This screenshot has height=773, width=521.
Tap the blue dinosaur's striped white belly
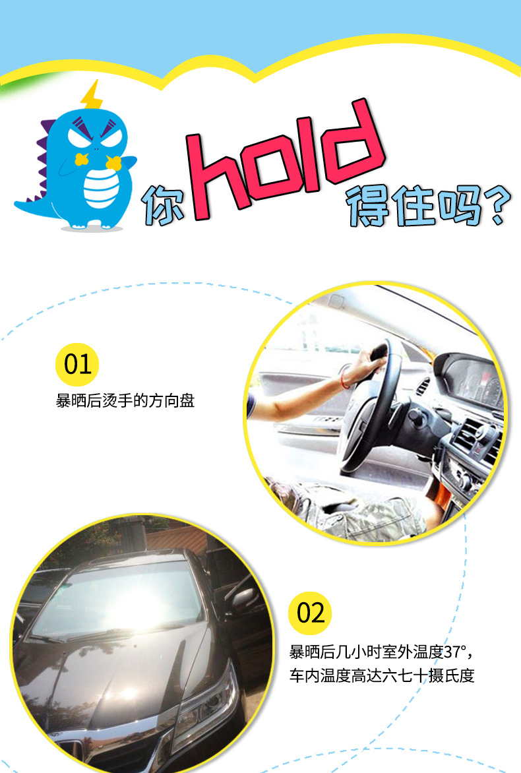click(102, 189)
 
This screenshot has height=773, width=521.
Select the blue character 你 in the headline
click(163, 204)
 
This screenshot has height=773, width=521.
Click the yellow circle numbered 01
click(77, 364)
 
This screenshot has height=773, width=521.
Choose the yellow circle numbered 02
click(310, 613)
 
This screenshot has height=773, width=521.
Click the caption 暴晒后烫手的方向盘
click(125, 401)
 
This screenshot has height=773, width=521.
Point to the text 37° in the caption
click(454, 652)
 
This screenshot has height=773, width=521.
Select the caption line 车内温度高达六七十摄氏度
click(382, 675)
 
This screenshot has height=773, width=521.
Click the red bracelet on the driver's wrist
click(344, 377)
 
